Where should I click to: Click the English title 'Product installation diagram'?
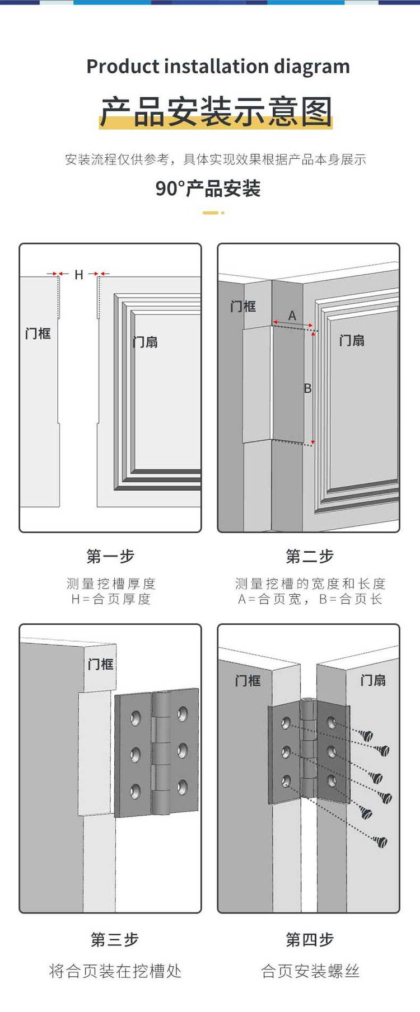click(218, 67)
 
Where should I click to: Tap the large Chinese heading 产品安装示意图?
click(216, 111)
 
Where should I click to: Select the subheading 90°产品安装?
click(208, 189)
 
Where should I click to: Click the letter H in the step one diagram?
click(79, 275)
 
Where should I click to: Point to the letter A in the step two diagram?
click(292, 316)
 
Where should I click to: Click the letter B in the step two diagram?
click(307, 388)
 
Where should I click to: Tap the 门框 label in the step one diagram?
click(38, 333)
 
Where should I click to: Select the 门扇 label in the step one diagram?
click(145, 342)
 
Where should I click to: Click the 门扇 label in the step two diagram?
click(352, 340)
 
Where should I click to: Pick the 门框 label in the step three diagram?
click(101, 664)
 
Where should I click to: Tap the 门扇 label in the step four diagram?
click(373, 680)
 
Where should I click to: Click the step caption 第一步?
click(110, 556)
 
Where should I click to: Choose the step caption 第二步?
click(310, 556)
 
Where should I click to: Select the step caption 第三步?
click(115, 939)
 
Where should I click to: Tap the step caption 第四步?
click(310, 939)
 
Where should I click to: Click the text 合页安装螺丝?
click(310, 971)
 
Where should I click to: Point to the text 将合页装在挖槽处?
click(115, 971)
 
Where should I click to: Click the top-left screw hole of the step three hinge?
click(136, 718)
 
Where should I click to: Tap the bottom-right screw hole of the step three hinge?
click(183, 788)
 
